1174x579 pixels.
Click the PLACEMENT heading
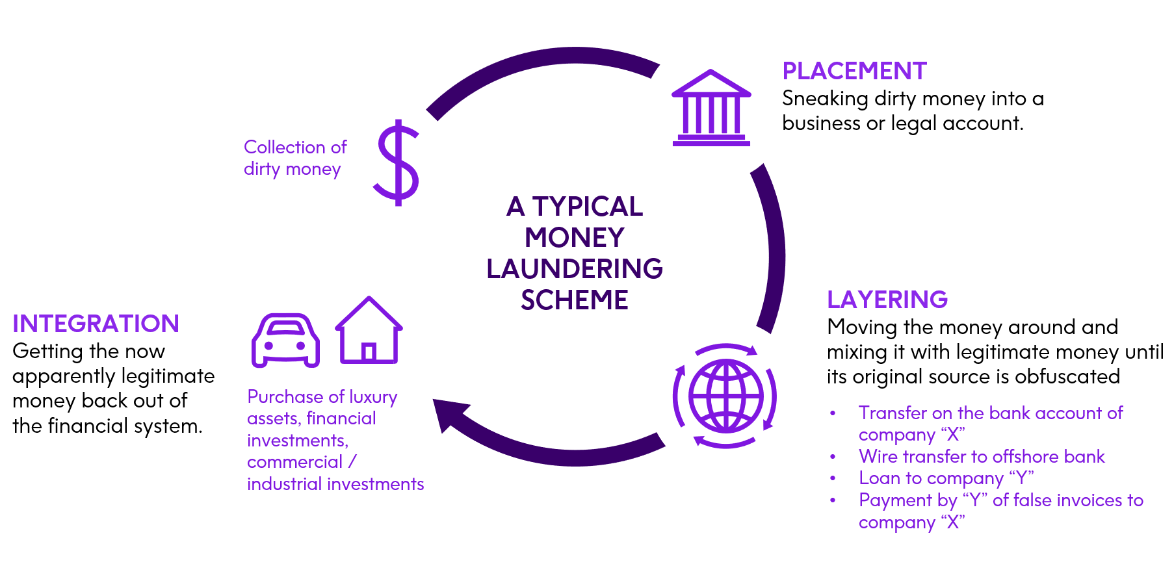tap(854, 71)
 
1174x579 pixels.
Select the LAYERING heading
tap(887, 300)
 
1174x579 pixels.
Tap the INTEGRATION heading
tap(96, 324)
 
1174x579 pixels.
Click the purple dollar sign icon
tap(397, 162)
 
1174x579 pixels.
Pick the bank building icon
tap(711, 108)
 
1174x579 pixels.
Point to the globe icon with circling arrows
tap(725, 396)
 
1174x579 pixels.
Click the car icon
tap(286, 340)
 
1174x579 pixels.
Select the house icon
tap(369, 331)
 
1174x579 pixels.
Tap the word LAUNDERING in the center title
tap(574, 268)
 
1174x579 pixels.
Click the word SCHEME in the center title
tap(574, 300)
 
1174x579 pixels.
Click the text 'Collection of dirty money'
tap(294, 158)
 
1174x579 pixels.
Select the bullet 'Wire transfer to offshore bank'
tap(981, 456)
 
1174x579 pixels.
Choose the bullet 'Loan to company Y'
tap(945, 478)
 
